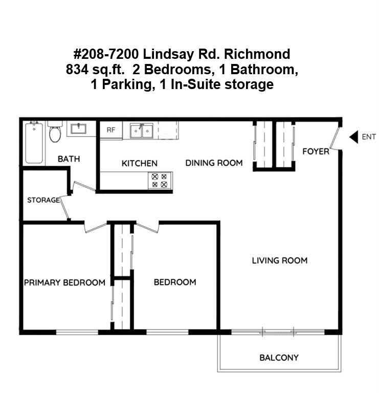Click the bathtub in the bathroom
click(34, 143)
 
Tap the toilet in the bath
click(55, 132)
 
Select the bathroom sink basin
click(78, 129)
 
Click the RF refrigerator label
click(111, 130)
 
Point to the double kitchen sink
click(142, 130)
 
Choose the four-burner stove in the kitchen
click(160, 181)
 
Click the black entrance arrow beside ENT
click(354, 137)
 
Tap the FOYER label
click(316, 151)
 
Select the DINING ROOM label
click(214, 163)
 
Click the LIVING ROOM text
click(280, 260)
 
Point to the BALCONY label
click(279, 358)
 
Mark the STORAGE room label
click(43, 200)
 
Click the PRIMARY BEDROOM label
click(64, 282)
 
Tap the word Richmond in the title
click(257, 54)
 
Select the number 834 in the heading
click(77, 69)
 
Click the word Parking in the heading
click(127, 84)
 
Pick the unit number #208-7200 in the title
click(106, 54)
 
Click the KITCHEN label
click(140, 163)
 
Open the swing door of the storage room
click(64, 208)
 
